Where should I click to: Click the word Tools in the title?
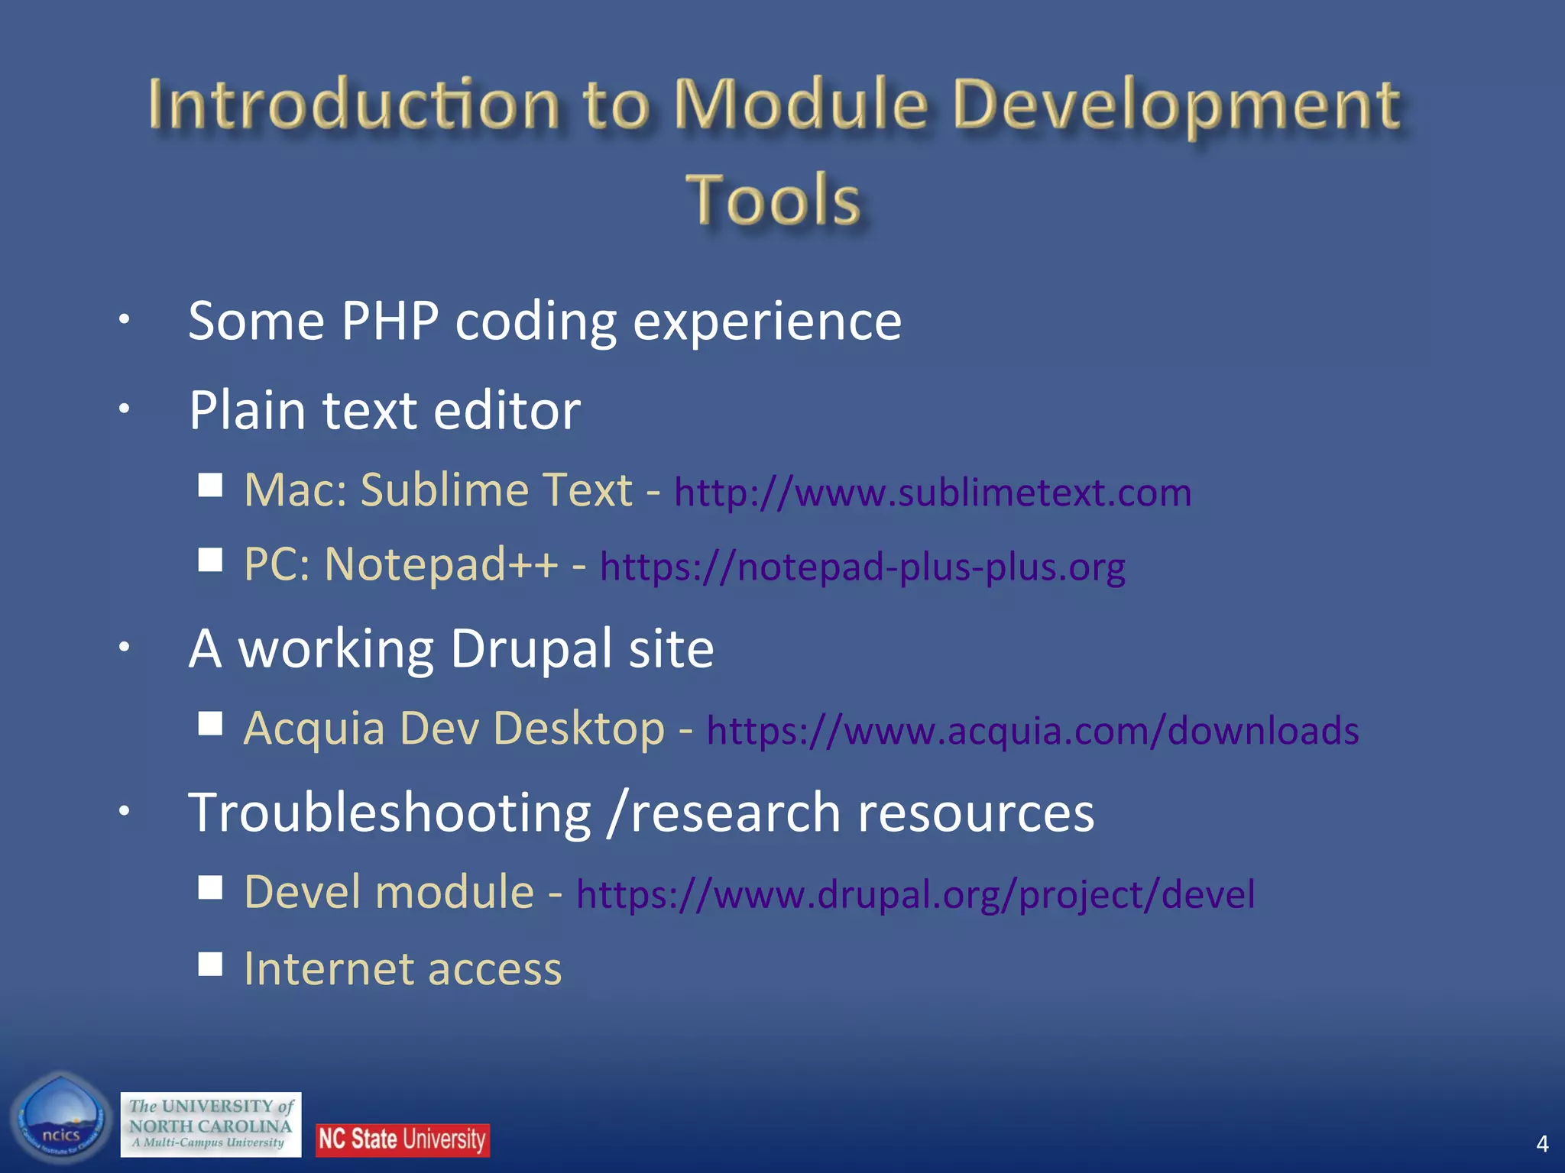tap(773, 200)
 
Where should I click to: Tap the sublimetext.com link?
tap(932, 493)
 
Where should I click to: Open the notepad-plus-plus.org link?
tap(862, 567)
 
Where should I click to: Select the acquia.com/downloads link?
tap(1032, 731)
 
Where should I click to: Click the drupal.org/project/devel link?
tap(915, 894)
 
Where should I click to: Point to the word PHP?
tap(390, 321)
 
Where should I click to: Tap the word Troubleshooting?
tap(390, 813)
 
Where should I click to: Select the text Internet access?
tap(403, 969)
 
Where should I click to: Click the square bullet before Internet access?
tap(210, 964)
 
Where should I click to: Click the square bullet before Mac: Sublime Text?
tap(210, 485)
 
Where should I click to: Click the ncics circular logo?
tap(61, 1120)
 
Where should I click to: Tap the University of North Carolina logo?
tap(211, 1124)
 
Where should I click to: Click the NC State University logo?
tap(402, 1139)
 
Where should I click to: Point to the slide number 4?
tap(1542, 1143)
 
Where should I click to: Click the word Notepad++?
tap(441, 565)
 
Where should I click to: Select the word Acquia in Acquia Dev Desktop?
tap(314, 729)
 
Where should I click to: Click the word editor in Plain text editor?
tap(507, 411)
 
